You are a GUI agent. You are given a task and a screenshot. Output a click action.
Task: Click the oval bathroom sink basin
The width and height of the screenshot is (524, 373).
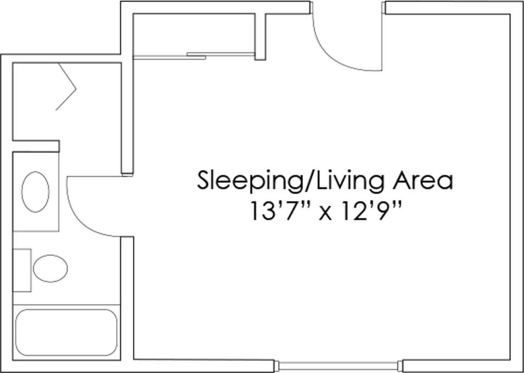click(x=36, y=191)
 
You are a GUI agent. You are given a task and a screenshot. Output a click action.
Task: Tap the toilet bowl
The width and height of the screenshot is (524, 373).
click(x=50, y=269)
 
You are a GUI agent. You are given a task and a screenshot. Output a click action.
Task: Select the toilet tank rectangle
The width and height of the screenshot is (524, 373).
click(x=22, y=270)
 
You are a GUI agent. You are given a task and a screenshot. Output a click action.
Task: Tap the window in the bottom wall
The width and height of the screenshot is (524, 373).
click(x=339, y=365)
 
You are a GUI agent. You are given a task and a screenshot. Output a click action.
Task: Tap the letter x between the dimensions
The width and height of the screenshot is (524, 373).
click(x=325, y=212)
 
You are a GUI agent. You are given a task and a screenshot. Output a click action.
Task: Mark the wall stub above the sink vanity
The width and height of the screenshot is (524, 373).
click(x=36, y=146)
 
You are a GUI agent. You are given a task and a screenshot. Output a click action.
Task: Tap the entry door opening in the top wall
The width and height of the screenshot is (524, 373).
click(x=347, y=8)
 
